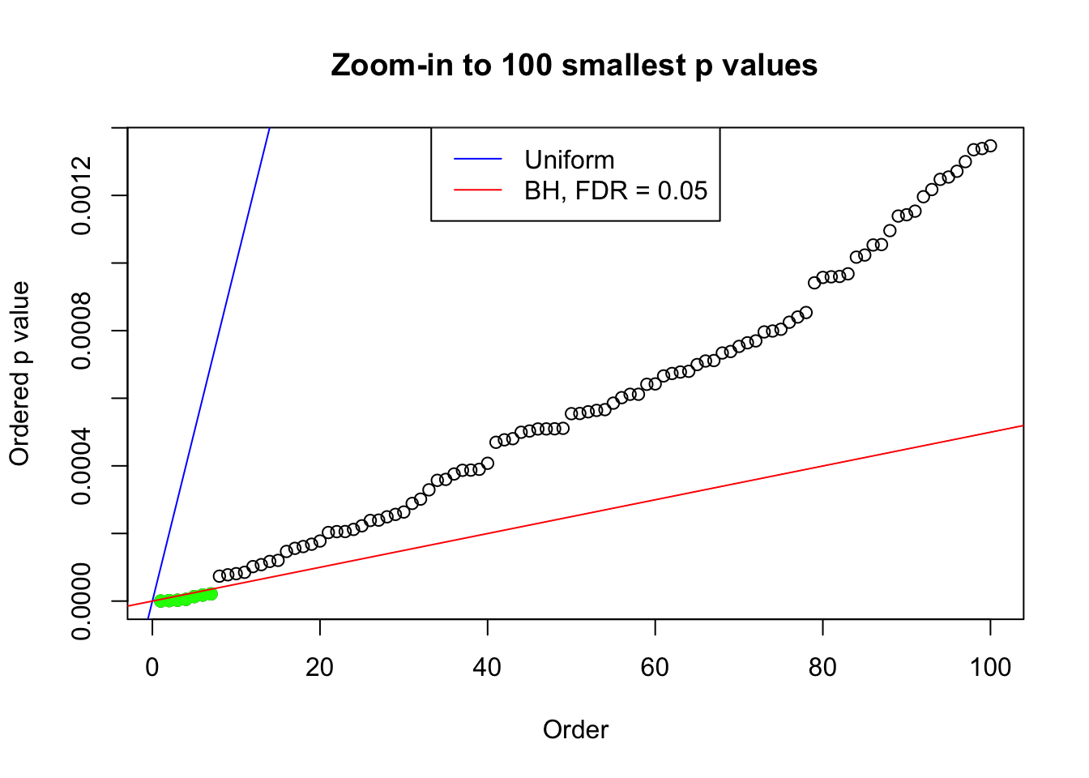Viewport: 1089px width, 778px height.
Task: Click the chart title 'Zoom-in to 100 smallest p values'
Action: [574, 65]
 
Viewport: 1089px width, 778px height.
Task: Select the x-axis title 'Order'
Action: [575, 729]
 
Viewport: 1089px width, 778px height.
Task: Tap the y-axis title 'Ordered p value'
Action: [19, 374]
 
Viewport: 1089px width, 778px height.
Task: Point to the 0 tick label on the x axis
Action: [152, 667]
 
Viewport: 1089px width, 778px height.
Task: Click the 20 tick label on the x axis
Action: [320, 667]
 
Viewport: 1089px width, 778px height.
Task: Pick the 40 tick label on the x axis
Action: [488, 667]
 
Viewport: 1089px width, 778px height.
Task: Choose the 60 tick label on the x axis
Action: [655, 667]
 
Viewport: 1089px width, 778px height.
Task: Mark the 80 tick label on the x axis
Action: [822, 667]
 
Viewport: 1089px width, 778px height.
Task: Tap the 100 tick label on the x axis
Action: [990, 667]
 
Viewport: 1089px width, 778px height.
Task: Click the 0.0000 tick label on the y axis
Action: [81, 601]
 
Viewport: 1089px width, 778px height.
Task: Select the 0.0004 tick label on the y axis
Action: [81, 466]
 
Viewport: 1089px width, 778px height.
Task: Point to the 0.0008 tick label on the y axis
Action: [81, 331]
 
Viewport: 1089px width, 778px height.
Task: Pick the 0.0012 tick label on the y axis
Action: [81, 195]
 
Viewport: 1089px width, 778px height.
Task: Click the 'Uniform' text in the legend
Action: [569, 160]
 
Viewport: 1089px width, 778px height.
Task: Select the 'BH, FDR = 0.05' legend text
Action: [616, 190]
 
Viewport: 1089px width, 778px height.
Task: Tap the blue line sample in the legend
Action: [477, 160]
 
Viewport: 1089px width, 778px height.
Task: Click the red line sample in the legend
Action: [477, 190]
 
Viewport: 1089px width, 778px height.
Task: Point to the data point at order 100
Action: [990, 146]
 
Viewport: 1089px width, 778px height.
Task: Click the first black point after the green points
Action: [220, 576]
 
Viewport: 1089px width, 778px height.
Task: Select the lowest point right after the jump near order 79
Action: [814, 283]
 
